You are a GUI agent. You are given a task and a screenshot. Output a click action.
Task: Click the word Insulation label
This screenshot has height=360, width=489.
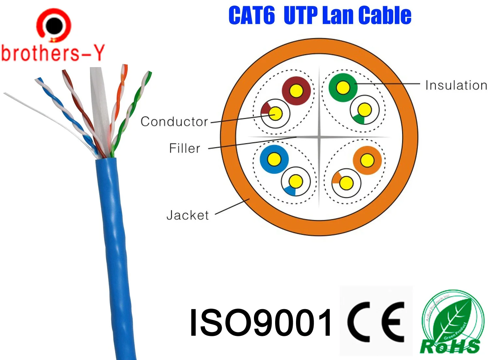(456, 85)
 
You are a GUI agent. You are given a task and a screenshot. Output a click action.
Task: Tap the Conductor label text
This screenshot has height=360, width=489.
(174, 122)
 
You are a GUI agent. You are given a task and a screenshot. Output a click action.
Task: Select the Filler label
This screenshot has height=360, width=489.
(185, 148)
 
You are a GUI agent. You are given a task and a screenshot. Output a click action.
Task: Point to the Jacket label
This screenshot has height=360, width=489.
(187, 215)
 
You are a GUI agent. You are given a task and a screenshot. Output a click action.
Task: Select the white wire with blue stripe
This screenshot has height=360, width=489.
(296, 182)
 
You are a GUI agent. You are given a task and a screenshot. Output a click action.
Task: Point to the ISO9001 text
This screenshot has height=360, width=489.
(261, 322)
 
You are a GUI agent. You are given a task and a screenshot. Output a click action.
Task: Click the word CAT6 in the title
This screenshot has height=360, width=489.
(251, 15)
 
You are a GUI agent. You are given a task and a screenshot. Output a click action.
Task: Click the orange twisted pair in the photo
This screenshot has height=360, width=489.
(119, 98)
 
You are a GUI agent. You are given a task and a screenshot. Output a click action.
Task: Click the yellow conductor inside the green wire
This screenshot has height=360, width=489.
(343, 87)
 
